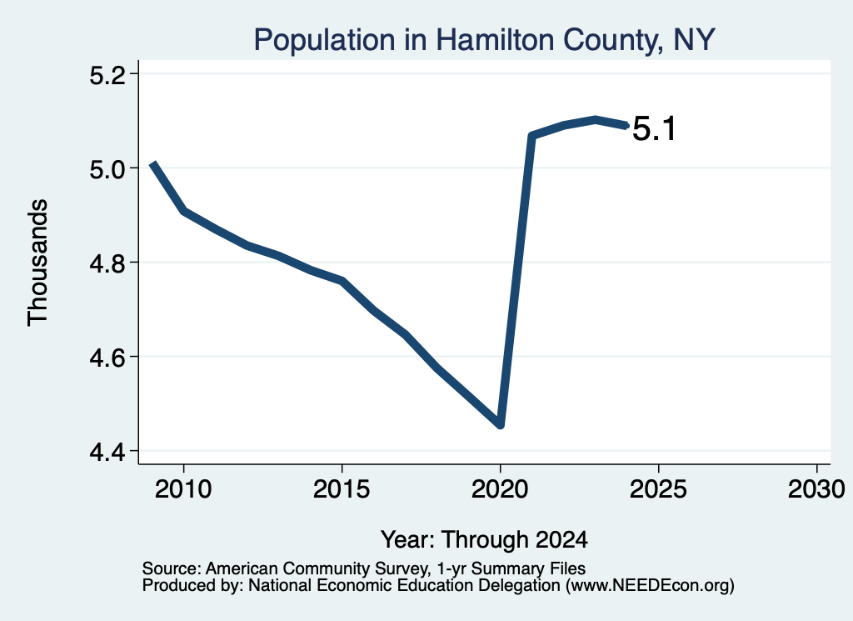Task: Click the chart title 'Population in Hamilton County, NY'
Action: [x=484, y=40]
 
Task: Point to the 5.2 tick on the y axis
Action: [x=107, y=75]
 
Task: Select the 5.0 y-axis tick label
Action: [x=107, y=169]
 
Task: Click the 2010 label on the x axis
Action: [x=183, y=489]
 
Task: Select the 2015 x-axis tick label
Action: [x=342, y=489]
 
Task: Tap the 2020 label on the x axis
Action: [x=500, y=489]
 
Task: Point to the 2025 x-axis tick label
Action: [x=658, y=489]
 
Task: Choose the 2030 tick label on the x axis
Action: [x=816, y=489]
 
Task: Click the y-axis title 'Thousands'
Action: [x=38, y=263]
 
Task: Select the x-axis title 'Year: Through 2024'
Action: [x=484, y=539]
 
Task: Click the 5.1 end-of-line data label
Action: [x=655, y=129]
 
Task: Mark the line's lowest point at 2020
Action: [x=501, y=424]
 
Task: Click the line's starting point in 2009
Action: [x=153, y=164]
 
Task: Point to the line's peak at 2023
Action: [x=596, y=120]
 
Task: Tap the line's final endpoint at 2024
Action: [x=626, y=126]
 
